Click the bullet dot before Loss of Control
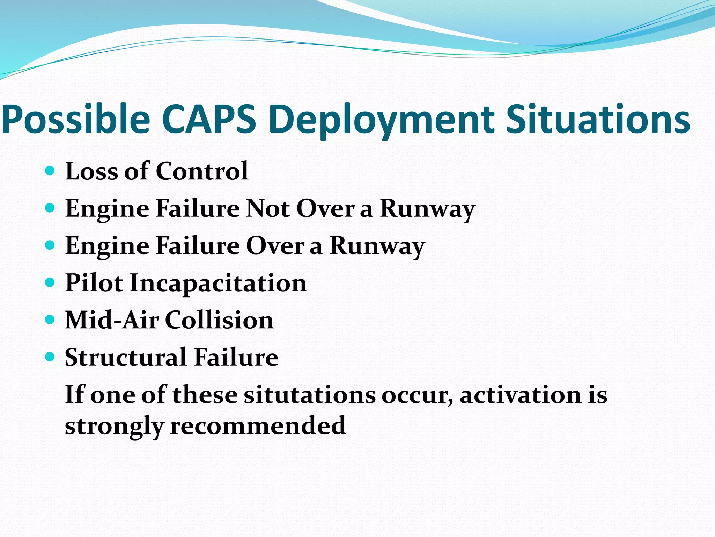(50, 171)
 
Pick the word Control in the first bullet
(202, 171)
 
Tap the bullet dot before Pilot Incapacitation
(50, 282)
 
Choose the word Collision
(219, 320)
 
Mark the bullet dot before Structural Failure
(50, 357)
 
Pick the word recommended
(258, 426)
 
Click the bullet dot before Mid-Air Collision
(50, 319)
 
